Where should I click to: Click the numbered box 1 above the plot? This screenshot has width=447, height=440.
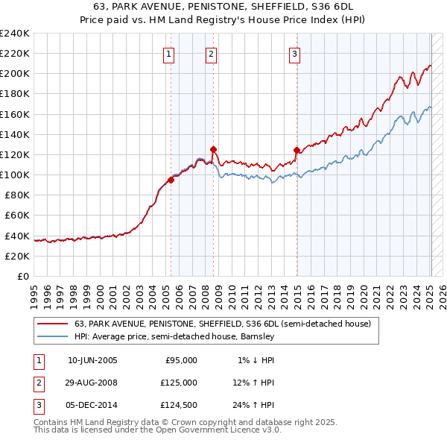point(169,54)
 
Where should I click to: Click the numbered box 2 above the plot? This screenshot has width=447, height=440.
point(212,54)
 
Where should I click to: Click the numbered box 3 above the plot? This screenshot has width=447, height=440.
point(295,54)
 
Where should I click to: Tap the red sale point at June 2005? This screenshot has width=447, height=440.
point(171,179)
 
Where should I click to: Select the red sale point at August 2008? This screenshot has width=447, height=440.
point(213,149)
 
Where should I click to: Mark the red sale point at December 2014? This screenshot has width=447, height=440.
point(297,150)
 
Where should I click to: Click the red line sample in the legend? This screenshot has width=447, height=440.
point(52,324)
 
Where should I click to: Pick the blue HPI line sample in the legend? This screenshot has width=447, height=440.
point(52,337)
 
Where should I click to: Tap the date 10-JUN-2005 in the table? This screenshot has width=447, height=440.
point(92,360)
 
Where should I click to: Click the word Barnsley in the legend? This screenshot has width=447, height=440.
point(257,337)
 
